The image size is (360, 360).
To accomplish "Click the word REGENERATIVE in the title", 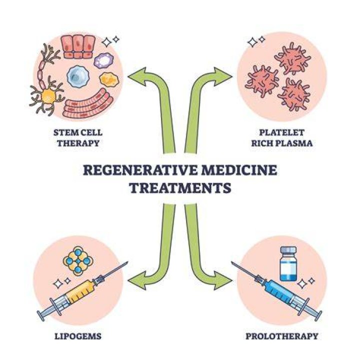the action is pos(140,170).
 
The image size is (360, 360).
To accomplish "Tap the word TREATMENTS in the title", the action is pos(180,188).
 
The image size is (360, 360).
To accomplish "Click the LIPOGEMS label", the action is pos(78,336).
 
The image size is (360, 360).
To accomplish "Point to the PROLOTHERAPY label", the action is pos(282,336).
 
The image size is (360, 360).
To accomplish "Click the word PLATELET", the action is pos(281,132).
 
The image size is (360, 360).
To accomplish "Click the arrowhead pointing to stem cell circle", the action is pos(137,76).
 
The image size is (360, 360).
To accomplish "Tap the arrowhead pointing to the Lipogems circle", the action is pos(137,280).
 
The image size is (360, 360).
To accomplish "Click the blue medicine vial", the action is pos(288,263).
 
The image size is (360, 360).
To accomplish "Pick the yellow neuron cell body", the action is pos(48,96).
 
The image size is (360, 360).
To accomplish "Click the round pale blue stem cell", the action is pos(78,76).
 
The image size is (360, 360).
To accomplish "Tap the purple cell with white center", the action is pos(104,60).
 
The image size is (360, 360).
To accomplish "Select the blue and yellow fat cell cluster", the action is pos(78,261).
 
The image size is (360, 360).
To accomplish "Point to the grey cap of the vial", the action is pos(288,250).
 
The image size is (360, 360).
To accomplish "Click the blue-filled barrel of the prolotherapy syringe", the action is pos(278,291).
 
